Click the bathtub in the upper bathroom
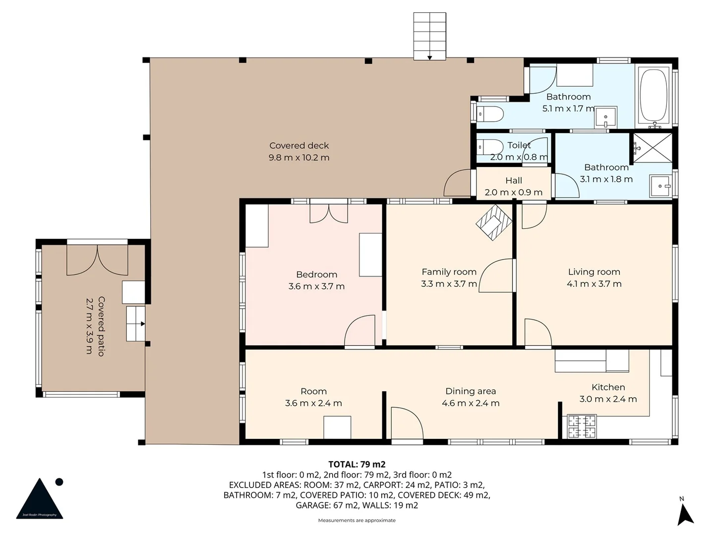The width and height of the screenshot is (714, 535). click(x=654, y=96)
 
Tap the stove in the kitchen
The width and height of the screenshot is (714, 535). click(x=582, y=427)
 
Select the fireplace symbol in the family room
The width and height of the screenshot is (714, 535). click(x=494, y=223)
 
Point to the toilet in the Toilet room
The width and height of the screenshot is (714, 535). click(x=489, y=148)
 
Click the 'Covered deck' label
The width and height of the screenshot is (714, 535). click(x=299, y=146)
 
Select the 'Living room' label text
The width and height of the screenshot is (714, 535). click(x=594, y=272)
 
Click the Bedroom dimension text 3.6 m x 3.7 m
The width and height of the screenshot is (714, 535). click(x=316, y=286)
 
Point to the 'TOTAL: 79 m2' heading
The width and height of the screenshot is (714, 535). click(x=357, y=464)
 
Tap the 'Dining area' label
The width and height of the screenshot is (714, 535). click(x=471, y=391)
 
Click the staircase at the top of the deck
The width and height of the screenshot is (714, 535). click(x=429, y=36)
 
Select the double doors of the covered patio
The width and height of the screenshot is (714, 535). click(x=97, y=260)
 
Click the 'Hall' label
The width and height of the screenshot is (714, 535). click(x=514, y=181)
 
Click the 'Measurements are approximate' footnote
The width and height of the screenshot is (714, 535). click(x=357, y=520)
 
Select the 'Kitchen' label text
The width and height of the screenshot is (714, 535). click(x=608, y=387)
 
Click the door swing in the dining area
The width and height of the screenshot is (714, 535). click(x=407, y=424)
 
